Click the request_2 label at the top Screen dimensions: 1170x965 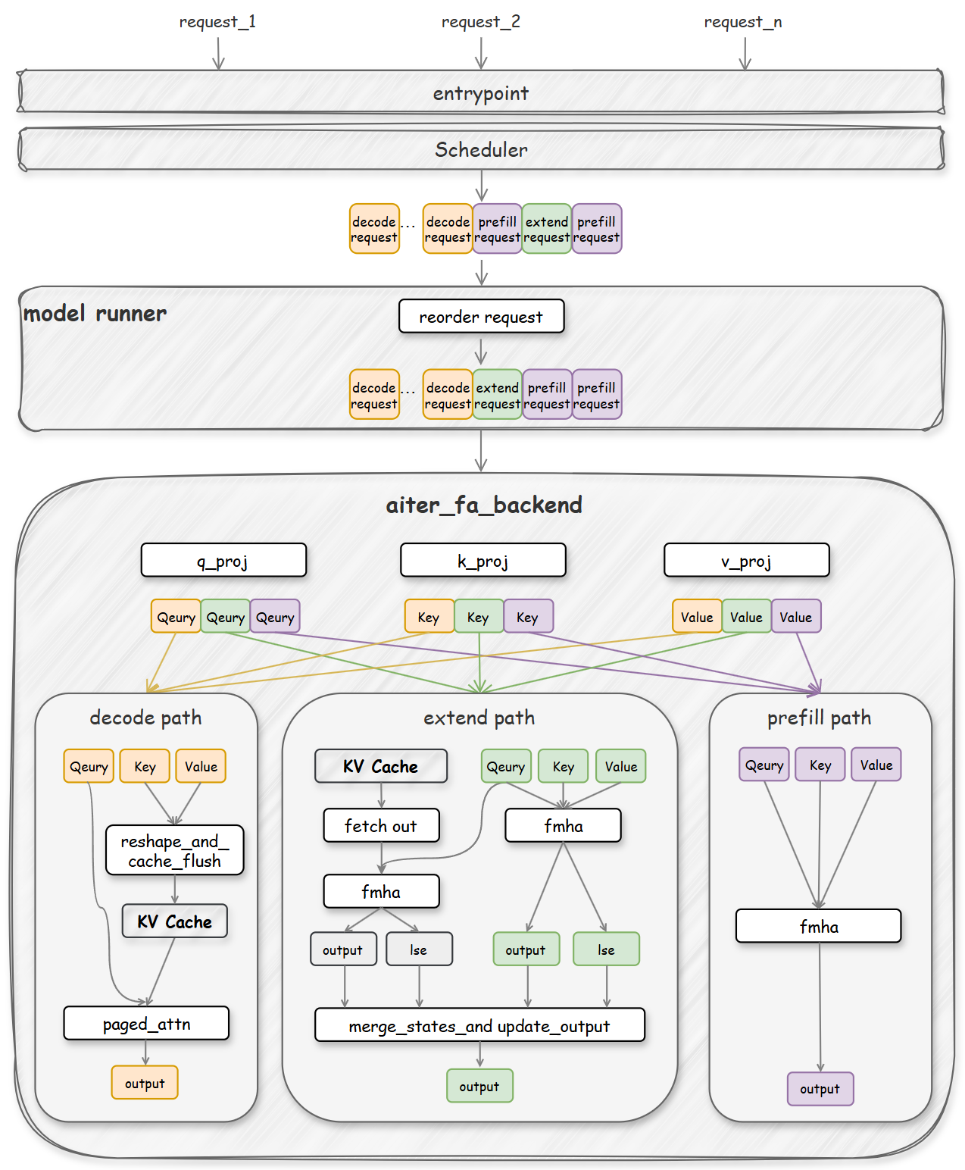[x=480, y=22]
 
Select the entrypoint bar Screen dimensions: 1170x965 [x=480, y=93]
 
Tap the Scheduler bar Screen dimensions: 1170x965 [x=480, y=149]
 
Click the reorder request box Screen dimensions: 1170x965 [x=481, y=316]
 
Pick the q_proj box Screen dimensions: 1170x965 [x=223, y=561]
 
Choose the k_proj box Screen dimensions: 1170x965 [x=482, y=561]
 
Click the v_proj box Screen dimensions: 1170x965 [x=746, y=561]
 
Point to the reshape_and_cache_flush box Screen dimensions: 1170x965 [x=174, y=850]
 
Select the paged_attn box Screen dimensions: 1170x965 [x=146, y=1024]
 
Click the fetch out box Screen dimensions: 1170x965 [x=381, y=825]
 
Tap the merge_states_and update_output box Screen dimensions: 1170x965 [x=479, y=1025]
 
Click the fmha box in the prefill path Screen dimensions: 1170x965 [x=818, y=926]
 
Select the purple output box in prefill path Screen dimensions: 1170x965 [x=820, y=1089]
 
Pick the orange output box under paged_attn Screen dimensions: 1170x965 [x=145, y=1083]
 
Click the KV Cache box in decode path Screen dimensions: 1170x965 [x=174, y=921]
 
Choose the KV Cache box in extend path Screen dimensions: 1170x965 [x=380, y=766]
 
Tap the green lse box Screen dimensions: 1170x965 [x=606, y=949]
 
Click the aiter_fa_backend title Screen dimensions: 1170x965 [x=484, y=505]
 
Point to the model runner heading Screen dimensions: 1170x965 [x=95, y=313]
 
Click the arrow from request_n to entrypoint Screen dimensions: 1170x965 [x=745, y=52]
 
